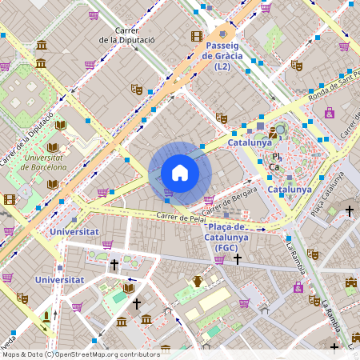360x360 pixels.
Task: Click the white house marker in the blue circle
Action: [x=180, y=173]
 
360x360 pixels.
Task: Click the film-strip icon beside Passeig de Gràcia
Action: [x=197, y=36]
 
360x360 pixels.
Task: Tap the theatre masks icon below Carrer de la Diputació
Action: [x=137, y=90]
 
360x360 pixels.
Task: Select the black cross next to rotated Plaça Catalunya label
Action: [x=349, y=211]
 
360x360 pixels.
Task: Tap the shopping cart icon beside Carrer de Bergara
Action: [x=209, y=200]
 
